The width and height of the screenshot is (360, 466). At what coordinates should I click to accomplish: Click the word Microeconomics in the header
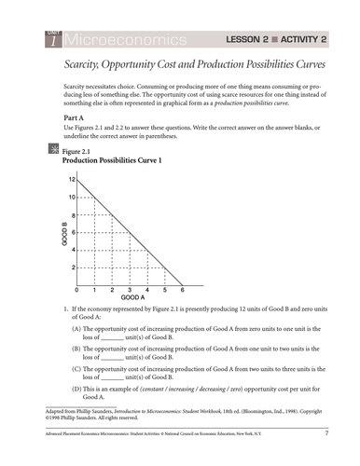pos(121,39)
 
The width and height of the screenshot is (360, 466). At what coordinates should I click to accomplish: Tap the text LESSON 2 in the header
pos(251,39)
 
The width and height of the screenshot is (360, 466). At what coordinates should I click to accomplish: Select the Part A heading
pos(63,119)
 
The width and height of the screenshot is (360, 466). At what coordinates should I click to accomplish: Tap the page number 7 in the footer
pos(325,434)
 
